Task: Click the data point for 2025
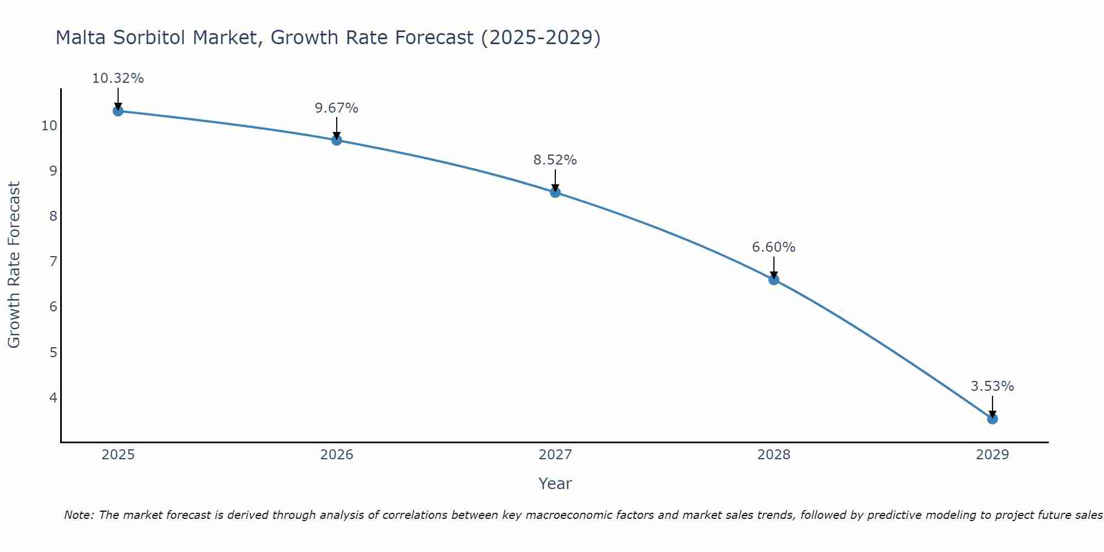pos(118,111)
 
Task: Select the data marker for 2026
pos(337,140)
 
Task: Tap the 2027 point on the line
pos(555,192)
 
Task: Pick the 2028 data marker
pos(774,279)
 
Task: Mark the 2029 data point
pos(992,418)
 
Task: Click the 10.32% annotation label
pos(118,78)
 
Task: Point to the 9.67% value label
pos(337,108)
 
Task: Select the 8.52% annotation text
pos(555,160)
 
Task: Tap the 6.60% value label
pos(774,247)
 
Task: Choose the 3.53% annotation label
pos(992,386)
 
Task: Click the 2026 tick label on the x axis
pos(337,455)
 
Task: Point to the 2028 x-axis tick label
pos(774,455)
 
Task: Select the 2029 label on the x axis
pos(992,455)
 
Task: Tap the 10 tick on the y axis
pos(49,125)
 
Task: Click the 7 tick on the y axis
pos(53,261)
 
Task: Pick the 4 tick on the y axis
pos(53,397)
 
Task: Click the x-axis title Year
pos(555,484)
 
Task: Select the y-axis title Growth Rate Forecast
pos(14,265)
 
